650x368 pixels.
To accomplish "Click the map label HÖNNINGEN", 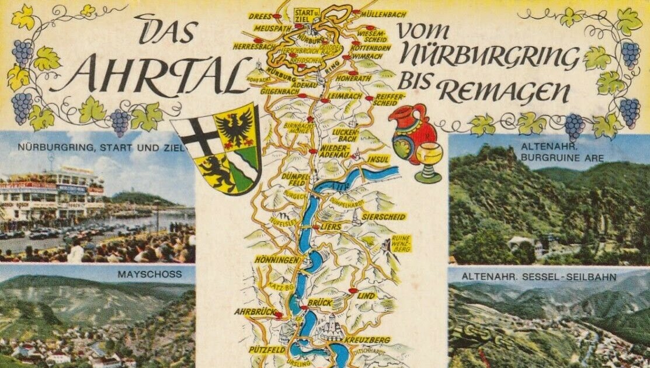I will click(x=277, y=259).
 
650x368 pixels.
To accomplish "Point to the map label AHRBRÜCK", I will click(x=255, y=312).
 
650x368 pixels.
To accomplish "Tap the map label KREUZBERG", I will click(x=367, y=339).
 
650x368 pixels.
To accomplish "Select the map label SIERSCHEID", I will click(x=384, y=217).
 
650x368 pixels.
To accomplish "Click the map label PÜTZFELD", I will click(x=266, y=349).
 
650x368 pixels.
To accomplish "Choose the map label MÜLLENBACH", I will click(x=384, y=13).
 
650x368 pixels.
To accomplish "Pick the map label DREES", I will click(x=260, y=16).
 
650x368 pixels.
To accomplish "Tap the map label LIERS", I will click(x=331, y=226).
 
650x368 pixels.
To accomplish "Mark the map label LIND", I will click(x=366, y=296).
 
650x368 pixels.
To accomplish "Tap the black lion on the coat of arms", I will click(x=214, y=171).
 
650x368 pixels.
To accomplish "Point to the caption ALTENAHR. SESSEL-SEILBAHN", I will click(x=538, y=277).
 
